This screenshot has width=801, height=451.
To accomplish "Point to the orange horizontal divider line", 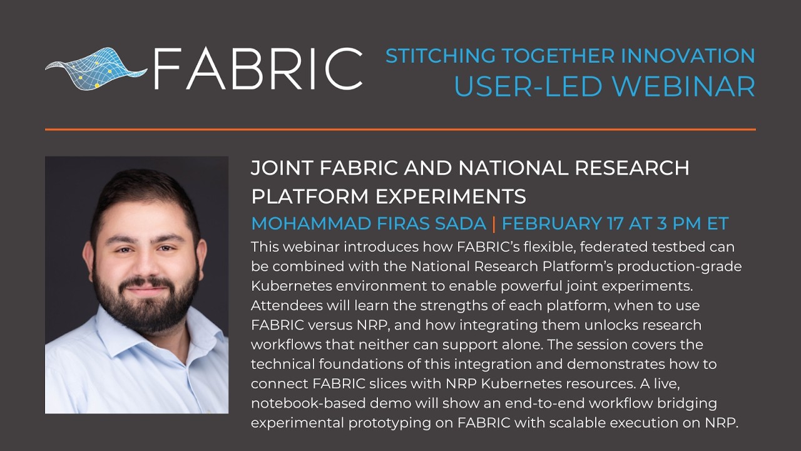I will point(400,130).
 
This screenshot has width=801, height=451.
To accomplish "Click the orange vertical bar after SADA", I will point(494,224).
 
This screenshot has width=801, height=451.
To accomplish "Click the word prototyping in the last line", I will point(400,423).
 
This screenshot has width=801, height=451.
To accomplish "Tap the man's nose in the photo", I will point(146,266).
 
